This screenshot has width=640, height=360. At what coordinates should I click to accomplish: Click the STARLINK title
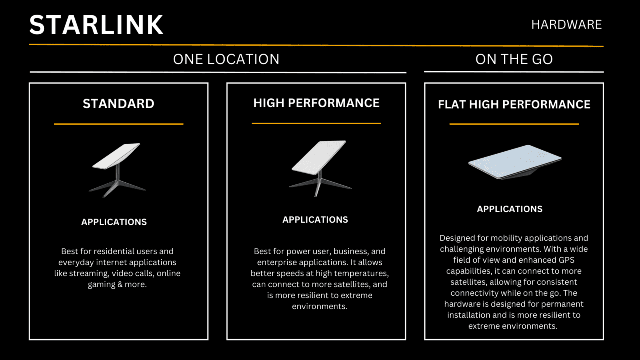click(x=96, y=25)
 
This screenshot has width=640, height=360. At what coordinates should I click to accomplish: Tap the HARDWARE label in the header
click(x=566, y=25)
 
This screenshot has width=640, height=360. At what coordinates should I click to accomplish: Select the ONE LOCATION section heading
click(x=226, y=59)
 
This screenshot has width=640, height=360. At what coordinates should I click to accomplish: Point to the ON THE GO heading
click(x=514, y=60)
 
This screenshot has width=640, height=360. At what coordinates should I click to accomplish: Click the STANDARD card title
click(x=118, y=104)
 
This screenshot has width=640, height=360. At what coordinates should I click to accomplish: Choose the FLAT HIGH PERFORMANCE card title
click(x=514, y=104)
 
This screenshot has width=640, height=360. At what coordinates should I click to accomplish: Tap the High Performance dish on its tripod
click(x=318, y=165)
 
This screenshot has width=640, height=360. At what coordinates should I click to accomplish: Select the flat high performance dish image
click(x=514, y=162)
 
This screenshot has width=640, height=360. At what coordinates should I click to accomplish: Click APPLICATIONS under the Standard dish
click(x=114, y=222)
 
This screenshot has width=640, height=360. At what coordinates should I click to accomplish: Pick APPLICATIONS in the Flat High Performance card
click(x=509, y=209)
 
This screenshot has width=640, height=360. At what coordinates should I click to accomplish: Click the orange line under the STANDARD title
click(x=118, y=124)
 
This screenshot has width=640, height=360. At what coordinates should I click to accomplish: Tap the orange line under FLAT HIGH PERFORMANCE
click(x=514, y=124)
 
